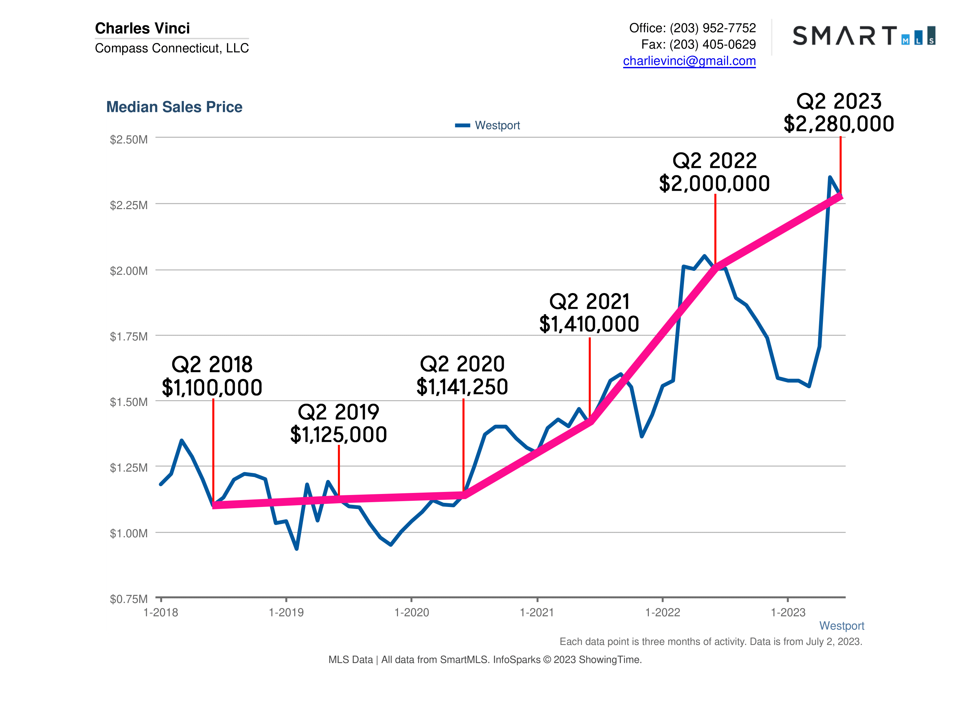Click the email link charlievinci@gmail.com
pos(689,61)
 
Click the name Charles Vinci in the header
pos(142,28)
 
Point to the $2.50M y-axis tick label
pos(129,140)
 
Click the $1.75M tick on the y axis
pos(129,337)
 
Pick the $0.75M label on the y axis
pos(129,599)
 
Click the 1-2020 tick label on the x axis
pos(411,613)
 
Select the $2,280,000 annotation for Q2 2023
pos(839,124)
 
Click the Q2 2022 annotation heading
pos(714,161)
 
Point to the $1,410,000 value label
pos(589,324)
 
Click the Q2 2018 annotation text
pos(212,365)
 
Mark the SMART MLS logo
pos(863,36)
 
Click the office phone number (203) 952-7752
pos(712,28)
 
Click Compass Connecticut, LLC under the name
pos(172,48)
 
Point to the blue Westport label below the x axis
pos(841,626)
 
